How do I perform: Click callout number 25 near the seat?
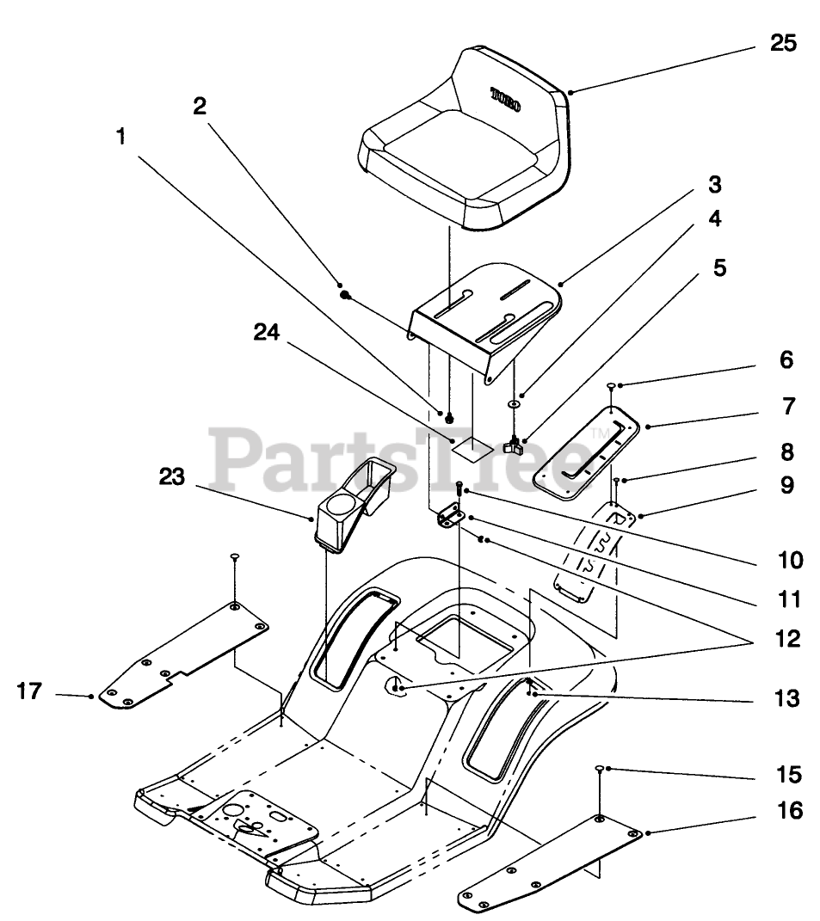[783, 43]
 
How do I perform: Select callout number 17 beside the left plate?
[29, 691]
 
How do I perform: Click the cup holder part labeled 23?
[348, 504]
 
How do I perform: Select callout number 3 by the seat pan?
[715, 184]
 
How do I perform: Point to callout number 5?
[719, 267]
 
